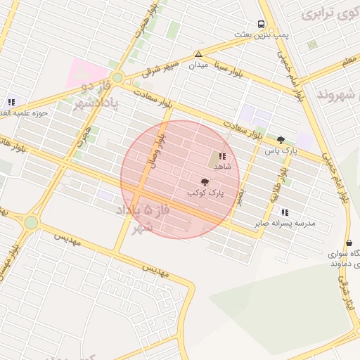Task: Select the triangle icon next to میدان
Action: (x=199, y=54)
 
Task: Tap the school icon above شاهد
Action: (x=222, y=156)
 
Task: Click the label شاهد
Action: (x=222, y=167)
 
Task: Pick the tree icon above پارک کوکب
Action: (x=205, y=181)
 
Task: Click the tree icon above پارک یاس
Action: (x=281, y=140)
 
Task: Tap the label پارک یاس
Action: (x=277, y=150)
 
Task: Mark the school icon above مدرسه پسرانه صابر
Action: (x=284, y=212)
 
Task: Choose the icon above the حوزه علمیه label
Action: (x=11, y=102)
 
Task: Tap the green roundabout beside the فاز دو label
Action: (x=117, y=77)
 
